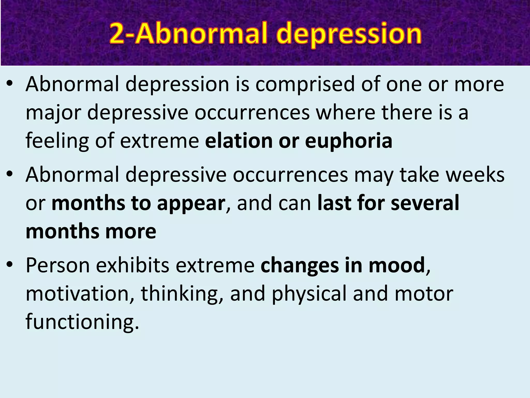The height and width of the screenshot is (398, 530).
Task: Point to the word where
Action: (x=345, y=112)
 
